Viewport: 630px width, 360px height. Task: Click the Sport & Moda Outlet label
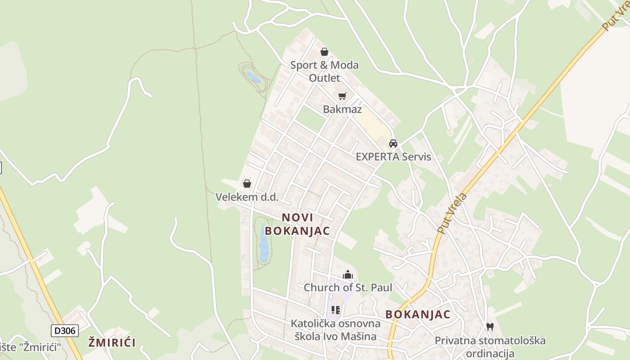324,71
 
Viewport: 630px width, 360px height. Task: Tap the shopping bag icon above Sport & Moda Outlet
324,52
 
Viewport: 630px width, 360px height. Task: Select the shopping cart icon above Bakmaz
342,96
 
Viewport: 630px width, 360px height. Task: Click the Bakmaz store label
342,109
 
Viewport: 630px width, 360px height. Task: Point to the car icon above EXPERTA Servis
393,144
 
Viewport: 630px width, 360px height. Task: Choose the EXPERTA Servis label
393,157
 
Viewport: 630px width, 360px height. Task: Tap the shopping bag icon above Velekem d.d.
247,184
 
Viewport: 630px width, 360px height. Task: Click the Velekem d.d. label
247,197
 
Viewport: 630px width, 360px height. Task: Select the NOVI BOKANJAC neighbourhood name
297,224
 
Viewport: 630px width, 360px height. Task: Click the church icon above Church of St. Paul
348,274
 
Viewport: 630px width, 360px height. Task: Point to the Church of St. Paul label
348,288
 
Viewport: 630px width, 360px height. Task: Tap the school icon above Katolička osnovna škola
335,310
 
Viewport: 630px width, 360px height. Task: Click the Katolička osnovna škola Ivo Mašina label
335,330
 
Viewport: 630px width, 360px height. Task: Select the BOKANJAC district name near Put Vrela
418,315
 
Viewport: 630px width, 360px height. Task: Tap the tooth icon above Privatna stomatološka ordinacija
490,327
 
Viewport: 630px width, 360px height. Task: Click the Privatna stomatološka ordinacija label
490,347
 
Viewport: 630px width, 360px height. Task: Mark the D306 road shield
65,331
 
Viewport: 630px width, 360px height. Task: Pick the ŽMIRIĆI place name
112,342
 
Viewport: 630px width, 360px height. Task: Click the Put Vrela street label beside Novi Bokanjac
452,213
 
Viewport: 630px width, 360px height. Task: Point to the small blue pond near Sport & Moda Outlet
253,78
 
